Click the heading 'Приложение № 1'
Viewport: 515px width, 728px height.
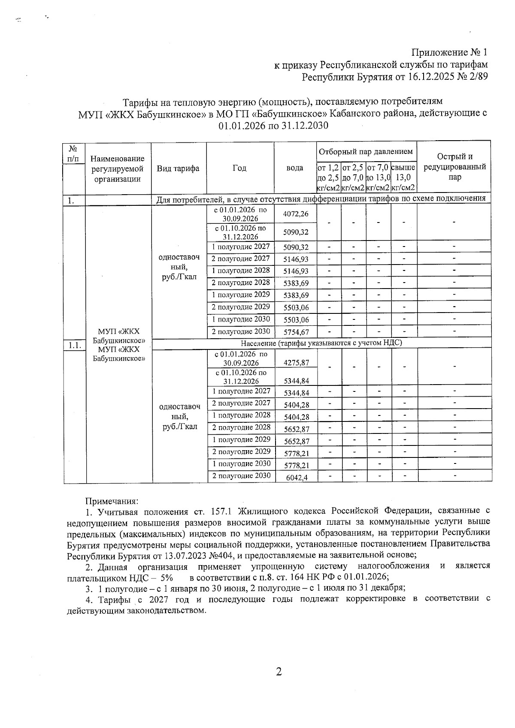[449, 53]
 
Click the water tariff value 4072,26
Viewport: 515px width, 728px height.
[296, 214]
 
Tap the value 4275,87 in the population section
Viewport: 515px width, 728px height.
[296, 363]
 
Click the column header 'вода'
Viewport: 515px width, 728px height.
[295, 168]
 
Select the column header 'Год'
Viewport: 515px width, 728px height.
[239, 168]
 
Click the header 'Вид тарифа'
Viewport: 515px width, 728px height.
[178, 168]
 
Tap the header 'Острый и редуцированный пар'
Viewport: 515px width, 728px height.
[454, 167]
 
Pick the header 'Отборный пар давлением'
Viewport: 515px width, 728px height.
[366, 151]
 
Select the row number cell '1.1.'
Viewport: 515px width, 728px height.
[75, 345]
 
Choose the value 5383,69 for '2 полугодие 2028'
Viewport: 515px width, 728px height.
[296, 283]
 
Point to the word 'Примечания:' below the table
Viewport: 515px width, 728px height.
[112, 501]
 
